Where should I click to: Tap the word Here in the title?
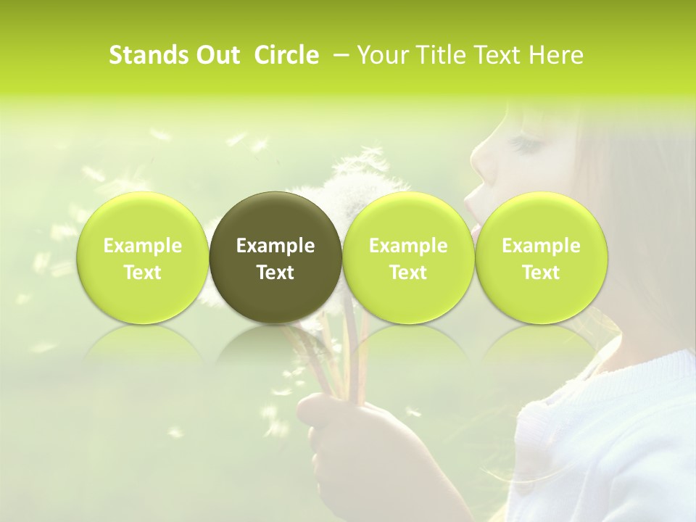(558, 55)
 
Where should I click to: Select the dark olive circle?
(275, 258)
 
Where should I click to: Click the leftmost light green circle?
(143, 258)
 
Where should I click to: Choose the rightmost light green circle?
(541, 258)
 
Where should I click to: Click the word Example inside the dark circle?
(275, 246)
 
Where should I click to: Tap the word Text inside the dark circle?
(275, 273)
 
